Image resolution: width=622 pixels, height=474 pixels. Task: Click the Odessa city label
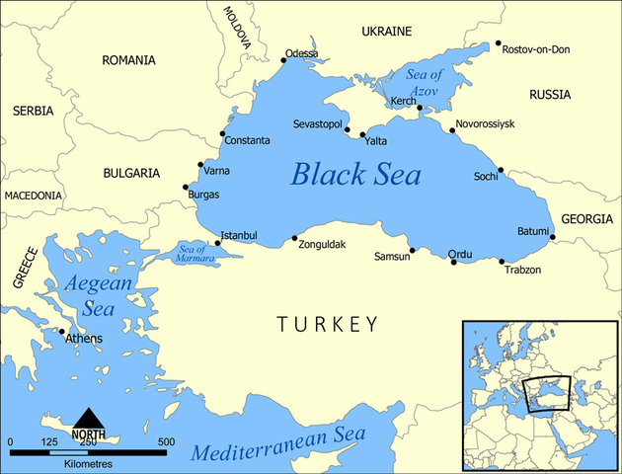click(302, 53)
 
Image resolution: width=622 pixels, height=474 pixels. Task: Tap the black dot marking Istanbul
click(218, 243)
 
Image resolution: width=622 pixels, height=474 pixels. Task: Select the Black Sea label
click(355, 175)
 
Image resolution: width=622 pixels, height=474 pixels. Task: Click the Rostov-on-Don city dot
click(499, 44)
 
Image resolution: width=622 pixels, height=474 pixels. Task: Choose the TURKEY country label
click(327, 324)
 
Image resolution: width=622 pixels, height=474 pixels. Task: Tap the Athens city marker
click(62, 332)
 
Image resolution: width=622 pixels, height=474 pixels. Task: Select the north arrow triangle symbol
click(90, 418)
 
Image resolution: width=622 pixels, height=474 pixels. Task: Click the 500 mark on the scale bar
click(166, 441)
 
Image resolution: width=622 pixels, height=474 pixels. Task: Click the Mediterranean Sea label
click(278, 445)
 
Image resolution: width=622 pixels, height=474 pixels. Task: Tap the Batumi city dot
click(553, 237)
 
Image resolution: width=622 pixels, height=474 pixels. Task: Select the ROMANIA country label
click(128, 60)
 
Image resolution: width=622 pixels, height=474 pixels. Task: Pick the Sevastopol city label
click(317, 124)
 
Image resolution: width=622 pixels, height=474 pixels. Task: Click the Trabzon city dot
click(503, 262)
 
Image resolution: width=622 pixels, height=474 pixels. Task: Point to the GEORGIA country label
click(586, 218)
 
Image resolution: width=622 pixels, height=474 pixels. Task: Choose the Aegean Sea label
click(98, 295)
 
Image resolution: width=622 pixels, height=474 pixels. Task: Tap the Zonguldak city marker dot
click(294, 237)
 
